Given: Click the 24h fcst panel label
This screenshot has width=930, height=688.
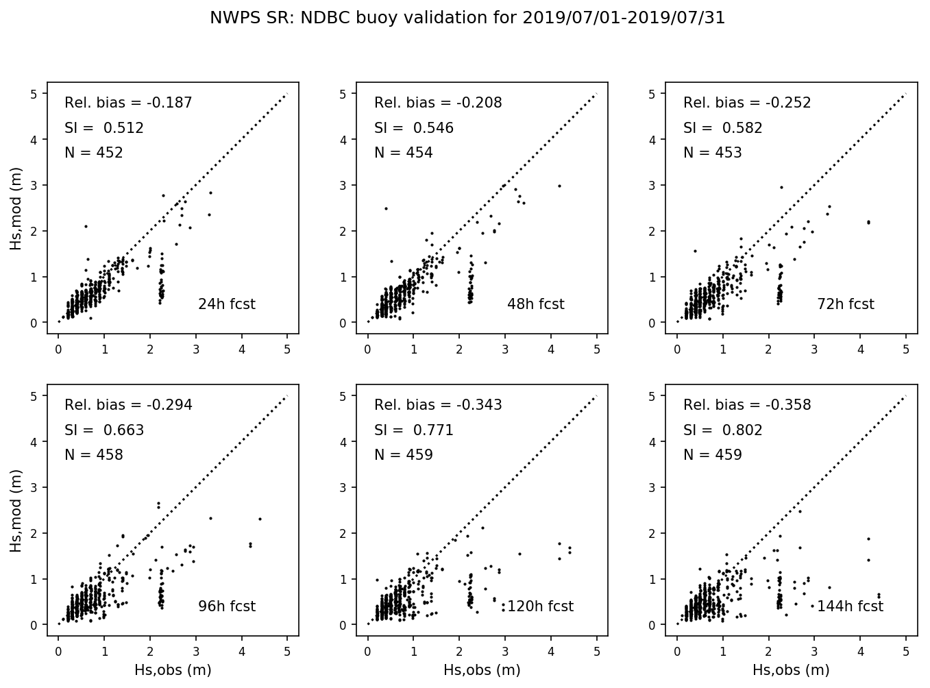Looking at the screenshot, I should [x=226, y=304].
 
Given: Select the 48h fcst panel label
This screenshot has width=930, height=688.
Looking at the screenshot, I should [x=536, y=304].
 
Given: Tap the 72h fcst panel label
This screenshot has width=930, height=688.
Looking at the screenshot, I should [x=846, y=304].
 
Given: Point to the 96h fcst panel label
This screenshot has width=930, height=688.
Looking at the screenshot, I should [x=226, y=606].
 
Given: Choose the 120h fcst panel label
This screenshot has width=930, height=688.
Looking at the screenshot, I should [x=540, y=606].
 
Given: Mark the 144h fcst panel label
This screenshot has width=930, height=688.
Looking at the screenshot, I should [x=850, y=606].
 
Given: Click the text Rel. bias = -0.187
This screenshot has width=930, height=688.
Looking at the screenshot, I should [x=128, y=103].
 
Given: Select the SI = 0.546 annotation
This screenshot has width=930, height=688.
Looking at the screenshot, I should [x=414, y=128].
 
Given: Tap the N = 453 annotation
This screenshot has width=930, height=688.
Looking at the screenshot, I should [x=713, y=153].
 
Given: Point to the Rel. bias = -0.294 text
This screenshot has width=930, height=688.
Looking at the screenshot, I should [x=128, y=405].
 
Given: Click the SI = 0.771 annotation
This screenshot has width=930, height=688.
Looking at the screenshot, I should [x=414, y=430].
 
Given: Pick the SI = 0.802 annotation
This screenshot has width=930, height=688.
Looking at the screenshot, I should [x=723, y=430].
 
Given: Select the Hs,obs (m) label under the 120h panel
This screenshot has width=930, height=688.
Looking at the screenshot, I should [x=482, y=670].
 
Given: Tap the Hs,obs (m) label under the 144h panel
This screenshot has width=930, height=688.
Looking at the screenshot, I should [x=791, y=670].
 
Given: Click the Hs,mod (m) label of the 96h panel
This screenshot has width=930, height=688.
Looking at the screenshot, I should [x=16, y=511].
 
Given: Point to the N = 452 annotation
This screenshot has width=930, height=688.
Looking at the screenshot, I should [x=94, y=153].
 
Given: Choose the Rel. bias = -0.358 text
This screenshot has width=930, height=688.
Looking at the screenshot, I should [x=747, y=405].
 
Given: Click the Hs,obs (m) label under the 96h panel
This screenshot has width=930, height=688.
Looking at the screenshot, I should [x=173, y=670].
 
